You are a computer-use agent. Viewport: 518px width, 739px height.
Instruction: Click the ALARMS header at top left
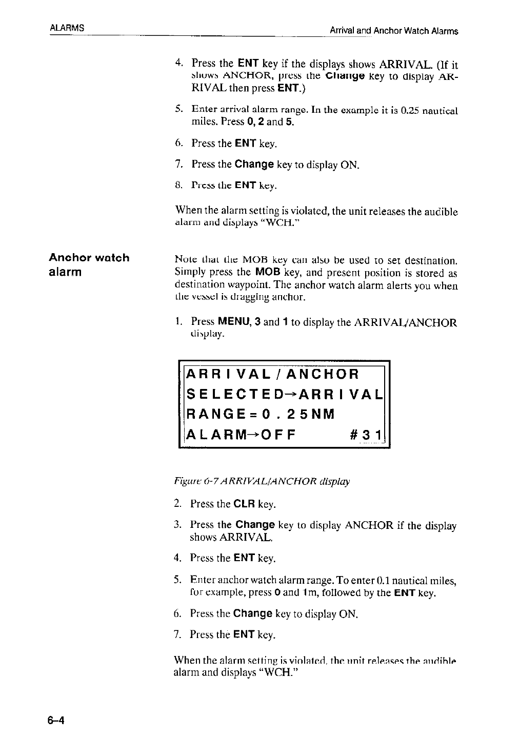pyautogui.click(x=67, y=27)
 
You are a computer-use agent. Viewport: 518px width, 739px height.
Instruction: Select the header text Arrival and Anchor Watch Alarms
pyautogui.click(x=393, y=31)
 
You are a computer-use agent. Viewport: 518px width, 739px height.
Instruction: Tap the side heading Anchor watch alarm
pyautogui.click(x=89, y=264)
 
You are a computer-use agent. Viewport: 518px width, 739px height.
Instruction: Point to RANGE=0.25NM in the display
pyautogui.click(x=261, y=414)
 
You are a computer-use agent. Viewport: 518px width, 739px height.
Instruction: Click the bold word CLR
pyautogui.click(x=245, y=504)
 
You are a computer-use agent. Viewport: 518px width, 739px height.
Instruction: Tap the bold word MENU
pyautogui.click(x=233, y=322)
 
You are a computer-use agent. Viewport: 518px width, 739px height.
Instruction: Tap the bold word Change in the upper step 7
pyautogui.click(x=254, y=165)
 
